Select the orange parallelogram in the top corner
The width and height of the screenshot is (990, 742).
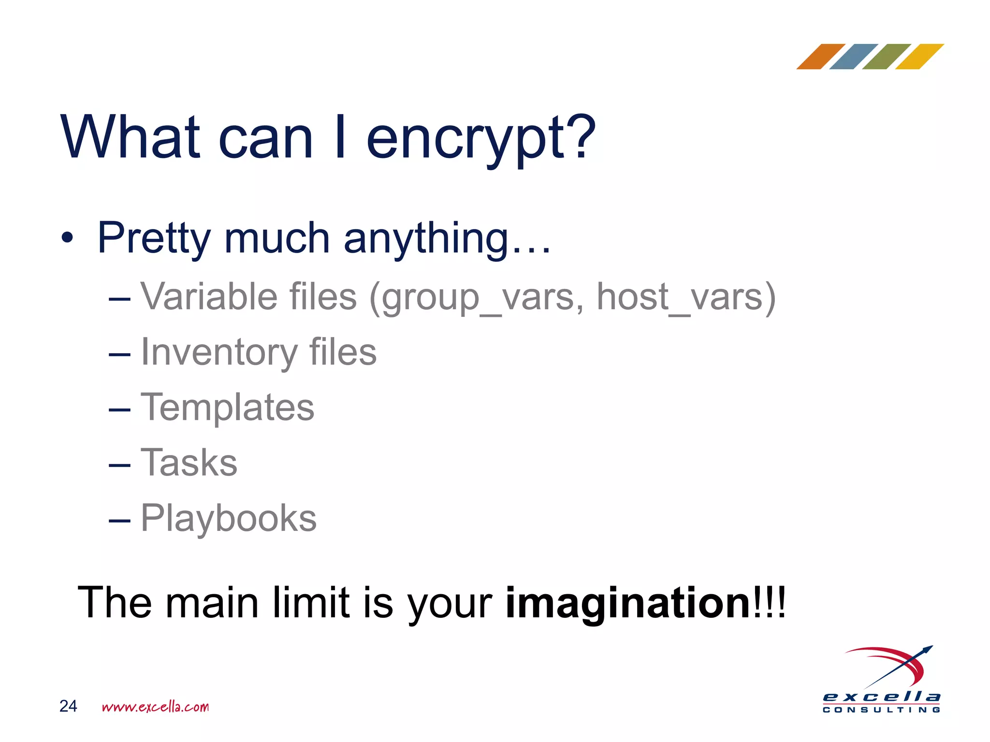[x=820, y=57]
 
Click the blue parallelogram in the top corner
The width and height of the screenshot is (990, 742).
[x=853, y=57]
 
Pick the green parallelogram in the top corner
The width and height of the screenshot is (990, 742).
[x=886, y=57]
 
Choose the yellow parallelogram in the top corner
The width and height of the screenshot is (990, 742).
[x=919, y=57]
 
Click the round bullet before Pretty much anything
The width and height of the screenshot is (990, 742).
[x=67, y=238]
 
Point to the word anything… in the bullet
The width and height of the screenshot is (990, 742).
[x=447, y=238]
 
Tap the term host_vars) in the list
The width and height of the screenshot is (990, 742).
[x=685, y=297]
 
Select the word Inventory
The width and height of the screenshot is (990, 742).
[x=219, y=352]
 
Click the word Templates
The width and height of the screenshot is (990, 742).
[x=227, y=407]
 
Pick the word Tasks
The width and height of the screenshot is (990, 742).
[x=189, y=463]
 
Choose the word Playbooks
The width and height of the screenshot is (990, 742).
[x=229, y=518]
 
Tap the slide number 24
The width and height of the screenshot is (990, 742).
[x=68, y=706]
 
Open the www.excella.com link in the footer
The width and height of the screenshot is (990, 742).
[x=155, y=707]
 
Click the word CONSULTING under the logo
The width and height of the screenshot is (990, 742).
[x=881, y=710]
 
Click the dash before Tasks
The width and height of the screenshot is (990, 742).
[x=119, y=465]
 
